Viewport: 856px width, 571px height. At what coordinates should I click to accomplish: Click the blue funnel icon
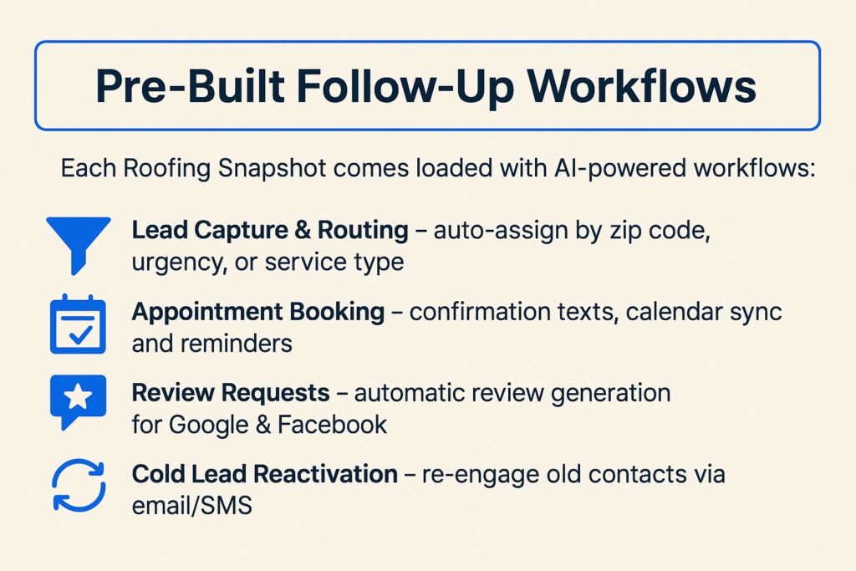pos(79,242)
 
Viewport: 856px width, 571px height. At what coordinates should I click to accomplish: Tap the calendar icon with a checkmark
pos(78,325)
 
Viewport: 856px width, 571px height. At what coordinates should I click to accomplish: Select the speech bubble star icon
pos(78,400)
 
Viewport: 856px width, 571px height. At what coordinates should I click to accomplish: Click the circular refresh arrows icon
pos(79,484)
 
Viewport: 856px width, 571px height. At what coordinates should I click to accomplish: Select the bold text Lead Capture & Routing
pos(270,232)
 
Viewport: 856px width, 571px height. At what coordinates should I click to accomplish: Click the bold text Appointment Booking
pos(258,312)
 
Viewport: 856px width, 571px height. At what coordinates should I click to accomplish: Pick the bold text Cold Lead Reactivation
pos(265,474)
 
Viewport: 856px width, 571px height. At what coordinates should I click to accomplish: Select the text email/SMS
pos(191,506)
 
